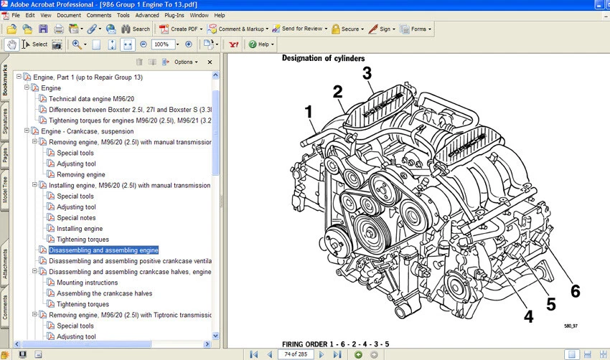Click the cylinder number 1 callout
click(x=309, y=112)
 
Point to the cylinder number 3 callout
click(x=367, y=73)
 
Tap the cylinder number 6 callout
click(x=575, y=291)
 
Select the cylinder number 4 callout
click(x=527, y=316)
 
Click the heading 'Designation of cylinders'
click(x=323, y=58)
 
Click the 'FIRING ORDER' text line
click(x=335, y=344)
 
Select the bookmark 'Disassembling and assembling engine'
click(x=103, y=250)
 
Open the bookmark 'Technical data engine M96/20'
click(x=91, y=99)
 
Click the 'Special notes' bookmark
click(x=76, y=218)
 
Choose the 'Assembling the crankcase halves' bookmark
click(x=104, y=293)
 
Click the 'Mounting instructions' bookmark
click(x=87, y=283)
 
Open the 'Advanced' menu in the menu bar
click(x=147, y=15)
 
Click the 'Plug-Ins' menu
click(x=174, y=15)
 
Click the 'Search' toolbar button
click(x=136, y=29)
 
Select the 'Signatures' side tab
click(x=6, y=121)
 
